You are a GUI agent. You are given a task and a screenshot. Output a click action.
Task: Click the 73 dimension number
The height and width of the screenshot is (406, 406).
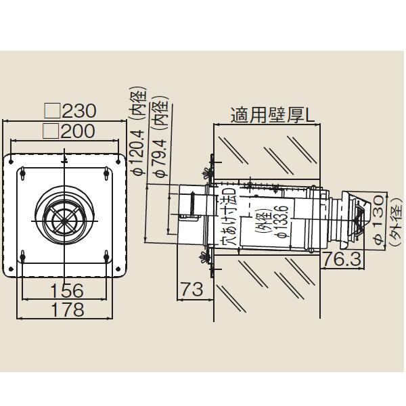(x=191, y=290)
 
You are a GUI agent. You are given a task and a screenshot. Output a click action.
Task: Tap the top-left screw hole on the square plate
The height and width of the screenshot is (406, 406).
(x=23, y=175)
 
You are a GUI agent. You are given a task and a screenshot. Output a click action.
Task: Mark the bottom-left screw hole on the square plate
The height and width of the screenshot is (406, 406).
(x=23, y=257)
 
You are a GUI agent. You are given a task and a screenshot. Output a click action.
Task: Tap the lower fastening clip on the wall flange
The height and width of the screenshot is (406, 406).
(x=206, y=258)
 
